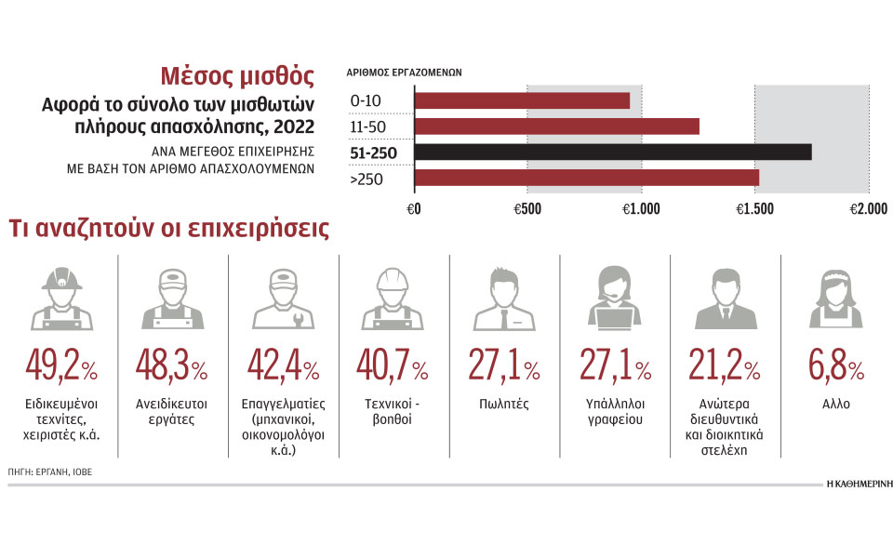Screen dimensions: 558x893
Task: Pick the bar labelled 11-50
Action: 555,126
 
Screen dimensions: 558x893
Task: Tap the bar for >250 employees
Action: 586,177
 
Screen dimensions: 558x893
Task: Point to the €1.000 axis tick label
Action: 640,209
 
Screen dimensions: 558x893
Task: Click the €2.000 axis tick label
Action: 868,209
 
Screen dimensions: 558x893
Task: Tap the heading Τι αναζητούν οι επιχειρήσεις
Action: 168,229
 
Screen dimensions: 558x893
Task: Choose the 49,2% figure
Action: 62,368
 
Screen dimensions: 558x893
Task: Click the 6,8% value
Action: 835,368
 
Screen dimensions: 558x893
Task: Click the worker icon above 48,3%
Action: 172,299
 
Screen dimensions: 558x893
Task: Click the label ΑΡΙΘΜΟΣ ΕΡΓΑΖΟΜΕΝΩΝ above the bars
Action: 404,72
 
